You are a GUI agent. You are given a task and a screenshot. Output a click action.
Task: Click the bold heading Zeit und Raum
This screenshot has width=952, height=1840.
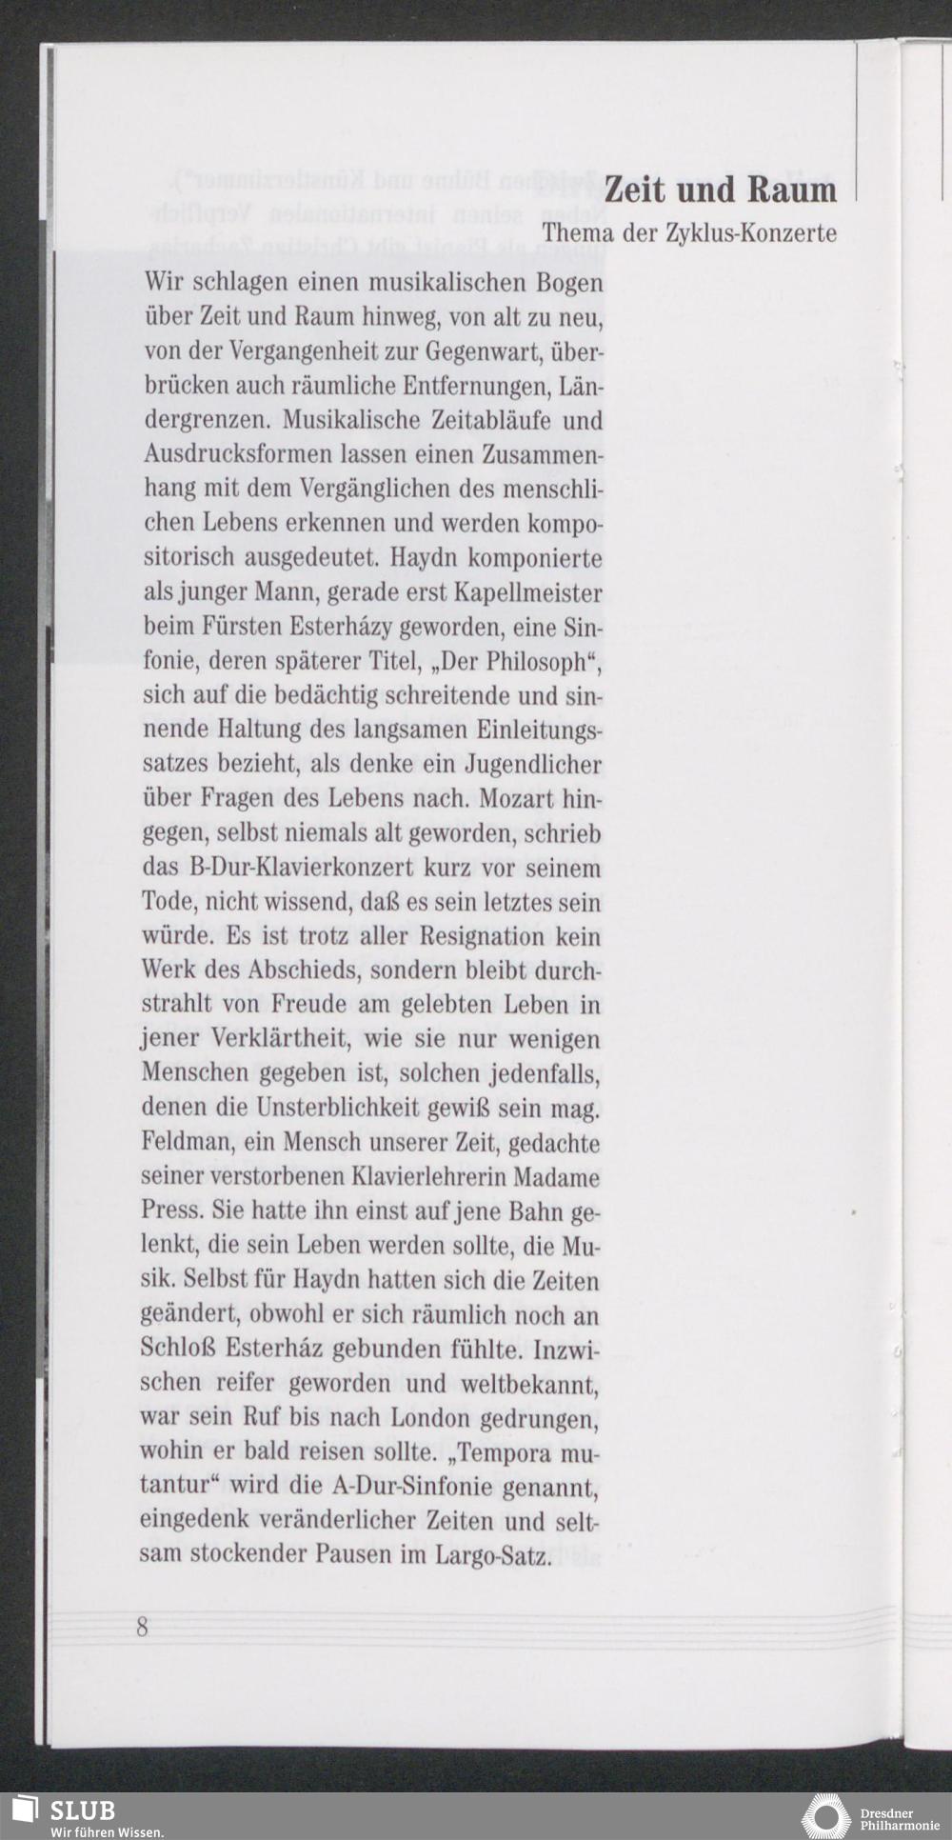click(720, 190)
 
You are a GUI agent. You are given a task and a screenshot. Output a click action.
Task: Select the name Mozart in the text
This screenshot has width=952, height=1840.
click(515, 798)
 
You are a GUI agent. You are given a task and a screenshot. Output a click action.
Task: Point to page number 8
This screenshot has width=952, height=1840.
click(143, 1627)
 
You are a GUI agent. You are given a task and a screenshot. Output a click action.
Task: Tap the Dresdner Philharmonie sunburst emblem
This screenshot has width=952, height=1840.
click(825, 1817)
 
